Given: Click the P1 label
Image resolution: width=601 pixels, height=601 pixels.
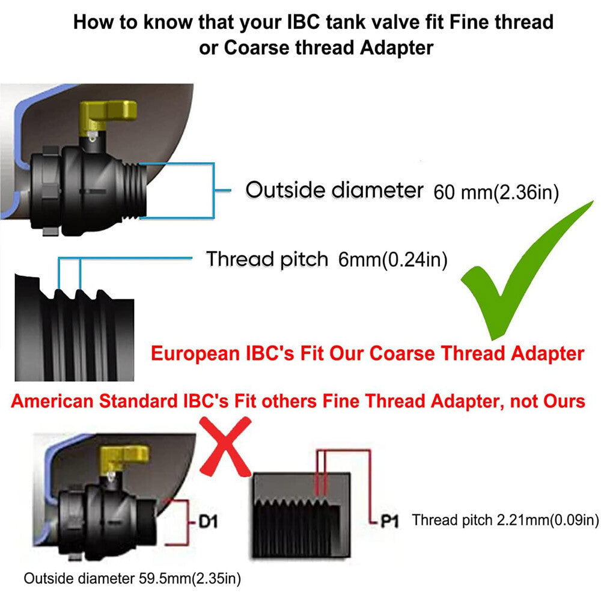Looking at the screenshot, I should [389, 521].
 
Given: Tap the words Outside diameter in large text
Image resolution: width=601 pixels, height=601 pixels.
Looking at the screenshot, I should [334, 191].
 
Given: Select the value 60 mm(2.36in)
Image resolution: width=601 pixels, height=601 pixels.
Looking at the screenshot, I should [496, 192].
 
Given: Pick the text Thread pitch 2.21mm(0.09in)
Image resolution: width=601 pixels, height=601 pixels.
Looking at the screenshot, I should [505, 520].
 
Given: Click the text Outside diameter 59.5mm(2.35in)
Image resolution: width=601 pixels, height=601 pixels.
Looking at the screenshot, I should [132, 579].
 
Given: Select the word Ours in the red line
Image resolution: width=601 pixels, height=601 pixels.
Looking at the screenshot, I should [562, 401].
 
